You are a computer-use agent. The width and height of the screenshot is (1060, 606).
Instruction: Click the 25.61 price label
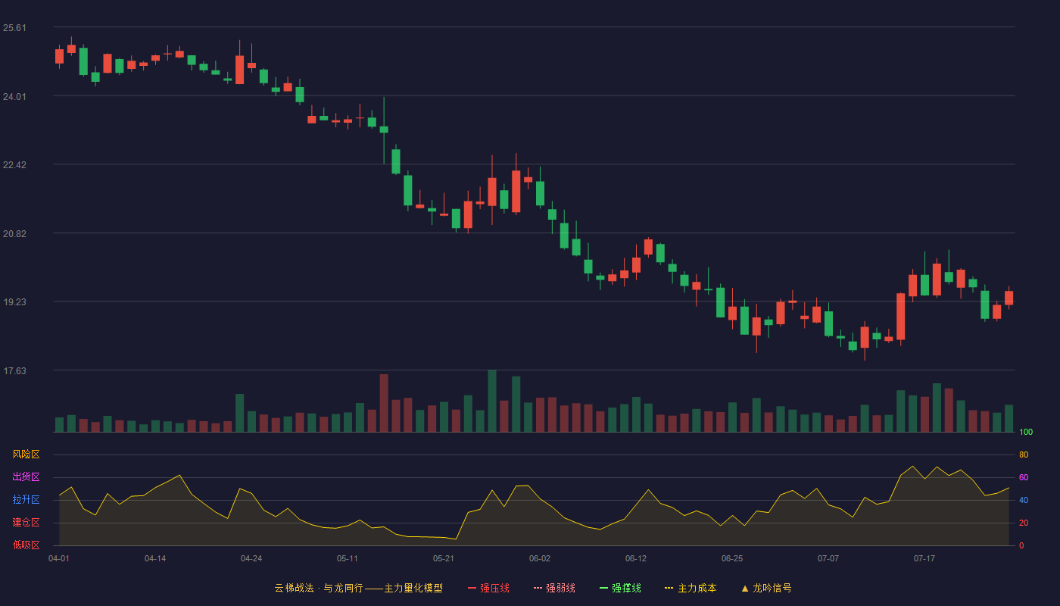[x=14, y=28]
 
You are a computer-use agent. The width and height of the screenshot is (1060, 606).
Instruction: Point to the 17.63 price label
[x=14, y=370]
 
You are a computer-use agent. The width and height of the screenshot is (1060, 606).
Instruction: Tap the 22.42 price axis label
[x=14, y=165]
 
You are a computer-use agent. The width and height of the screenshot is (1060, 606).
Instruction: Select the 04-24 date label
[x=251, y=559]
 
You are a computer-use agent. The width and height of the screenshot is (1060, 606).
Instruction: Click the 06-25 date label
[x=732, y=559]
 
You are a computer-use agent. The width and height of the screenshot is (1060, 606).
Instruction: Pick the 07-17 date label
[x=924, y=559]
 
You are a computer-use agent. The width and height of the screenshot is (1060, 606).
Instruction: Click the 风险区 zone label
[x=26, y=454]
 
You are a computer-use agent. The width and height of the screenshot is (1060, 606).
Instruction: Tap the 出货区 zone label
[x=26, y=476]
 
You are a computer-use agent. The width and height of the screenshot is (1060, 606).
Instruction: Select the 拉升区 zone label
[x=26, y=499]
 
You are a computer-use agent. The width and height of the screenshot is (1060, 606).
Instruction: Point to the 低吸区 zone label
[x=26, y=545]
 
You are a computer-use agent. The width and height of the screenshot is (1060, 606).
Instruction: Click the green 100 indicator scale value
[x=1026, y=432]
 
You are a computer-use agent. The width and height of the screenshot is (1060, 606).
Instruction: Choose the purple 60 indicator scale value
[x=1024, y=477]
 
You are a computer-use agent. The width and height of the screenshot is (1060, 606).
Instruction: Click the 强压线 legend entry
[x=488, y=588]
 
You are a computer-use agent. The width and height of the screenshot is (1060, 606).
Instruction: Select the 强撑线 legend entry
[x=620, y=588]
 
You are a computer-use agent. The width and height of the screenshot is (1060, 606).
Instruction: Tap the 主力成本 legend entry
[x=691, y=588]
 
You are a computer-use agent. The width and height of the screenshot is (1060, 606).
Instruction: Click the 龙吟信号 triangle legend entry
[x=766, y=588]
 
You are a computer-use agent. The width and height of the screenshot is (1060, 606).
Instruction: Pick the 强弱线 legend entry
[x=554, y=588]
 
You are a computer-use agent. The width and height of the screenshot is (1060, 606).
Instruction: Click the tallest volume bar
[x=492, y=401]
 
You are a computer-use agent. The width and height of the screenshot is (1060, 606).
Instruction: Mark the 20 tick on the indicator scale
[x=1024, y=523]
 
